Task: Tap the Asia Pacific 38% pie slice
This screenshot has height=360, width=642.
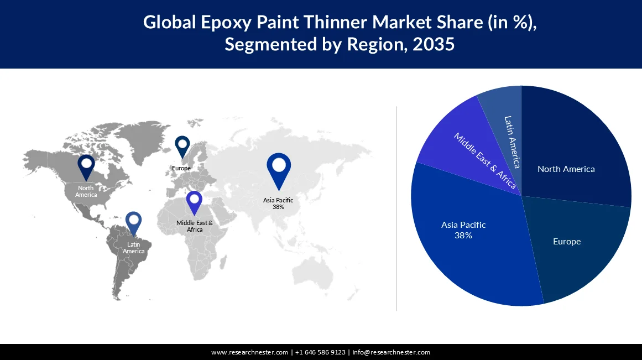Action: point(470,243)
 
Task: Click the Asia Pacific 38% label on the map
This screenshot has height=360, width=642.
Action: point(278,204)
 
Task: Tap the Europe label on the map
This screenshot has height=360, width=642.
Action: point(181,168)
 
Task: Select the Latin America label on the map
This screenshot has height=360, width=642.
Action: point(133,248)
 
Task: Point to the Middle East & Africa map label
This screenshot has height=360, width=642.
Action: point(195,226)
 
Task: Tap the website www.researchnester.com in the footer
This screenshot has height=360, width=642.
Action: point(249,352)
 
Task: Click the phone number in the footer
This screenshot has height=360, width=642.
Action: point(320,352)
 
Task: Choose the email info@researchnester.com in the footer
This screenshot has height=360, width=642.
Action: point(391,352)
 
